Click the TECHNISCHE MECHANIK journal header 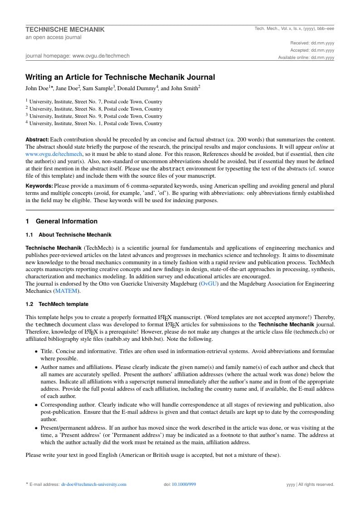[x=65, y=29]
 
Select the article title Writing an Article [x=120, y=77]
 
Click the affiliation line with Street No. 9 [x=96, y=116]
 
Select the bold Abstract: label [x=37, y=140]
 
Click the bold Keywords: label [x=39, y=186]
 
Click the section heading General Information [x=66, y=221]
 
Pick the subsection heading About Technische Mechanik [x=75, y=235]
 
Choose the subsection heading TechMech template [x=63, y=304]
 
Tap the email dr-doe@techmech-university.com [x=94, y=485]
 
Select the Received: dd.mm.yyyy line [x=312, y=43]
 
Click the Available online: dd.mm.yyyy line [x=306, y=58]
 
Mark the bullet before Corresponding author [x=36, y=405]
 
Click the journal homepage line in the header [x=78, y=56]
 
